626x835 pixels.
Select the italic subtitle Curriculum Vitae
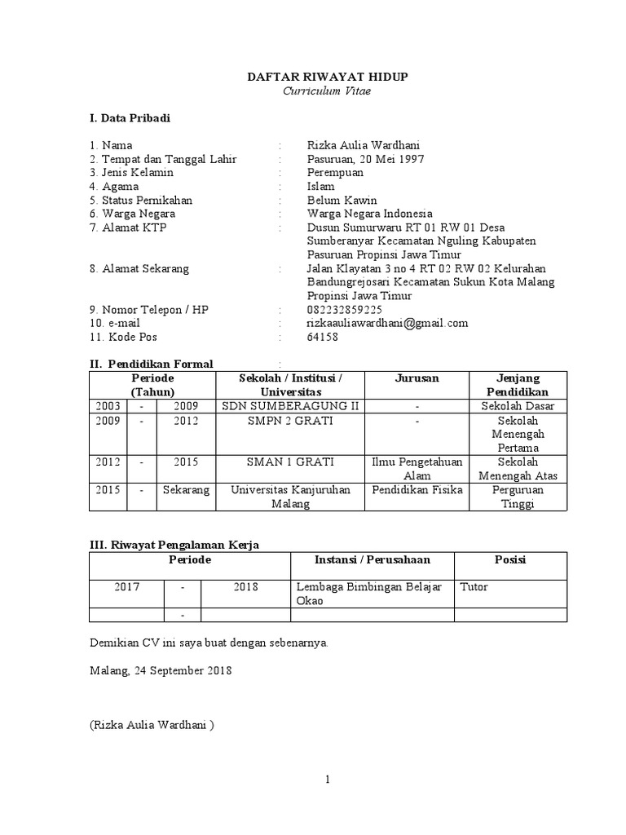pos(327,91)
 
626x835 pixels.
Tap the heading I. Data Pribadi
pos(130,118)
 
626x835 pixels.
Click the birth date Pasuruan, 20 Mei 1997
pos(365,159)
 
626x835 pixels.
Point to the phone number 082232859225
pos(345,310)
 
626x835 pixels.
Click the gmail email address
pos(387,323)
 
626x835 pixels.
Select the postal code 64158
pos(323,337)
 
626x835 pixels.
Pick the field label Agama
pos(118,187)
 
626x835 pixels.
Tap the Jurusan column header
pos(417,378)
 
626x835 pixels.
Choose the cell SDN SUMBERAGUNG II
pos(290,406)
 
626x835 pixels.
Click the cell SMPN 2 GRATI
pos(290,421)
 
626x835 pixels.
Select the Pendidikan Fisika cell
pos(417,490)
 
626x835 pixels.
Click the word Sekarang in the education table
pos(186,490)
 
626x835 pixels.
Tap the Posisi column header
pos(510,559)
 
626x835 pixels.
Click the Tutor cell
pos(474,587)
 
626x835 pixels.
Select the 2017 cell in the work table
pos(127,587)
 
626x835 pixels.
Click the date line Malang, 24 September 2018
pos(161,670)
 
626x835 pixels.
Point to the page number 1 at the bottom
pos(327,779)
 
